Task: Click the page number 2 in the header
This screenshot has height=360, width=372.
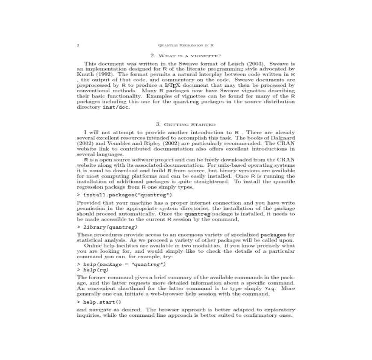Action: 78,45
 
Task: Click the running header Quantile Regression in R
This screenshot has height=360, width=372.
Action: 186,45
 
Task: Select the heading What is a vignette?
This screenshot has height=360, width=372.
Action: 186,56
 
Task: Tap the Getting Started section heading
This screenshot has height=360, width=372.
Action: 186,124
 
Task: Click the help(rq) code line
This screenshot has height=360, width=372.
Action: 96,270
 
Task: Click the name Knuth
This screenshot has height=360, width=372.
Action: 85,74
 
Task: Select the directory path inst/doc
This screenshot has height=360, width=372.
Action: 115,107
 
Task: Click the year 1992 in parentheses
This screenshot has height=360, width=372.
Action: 106,74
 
